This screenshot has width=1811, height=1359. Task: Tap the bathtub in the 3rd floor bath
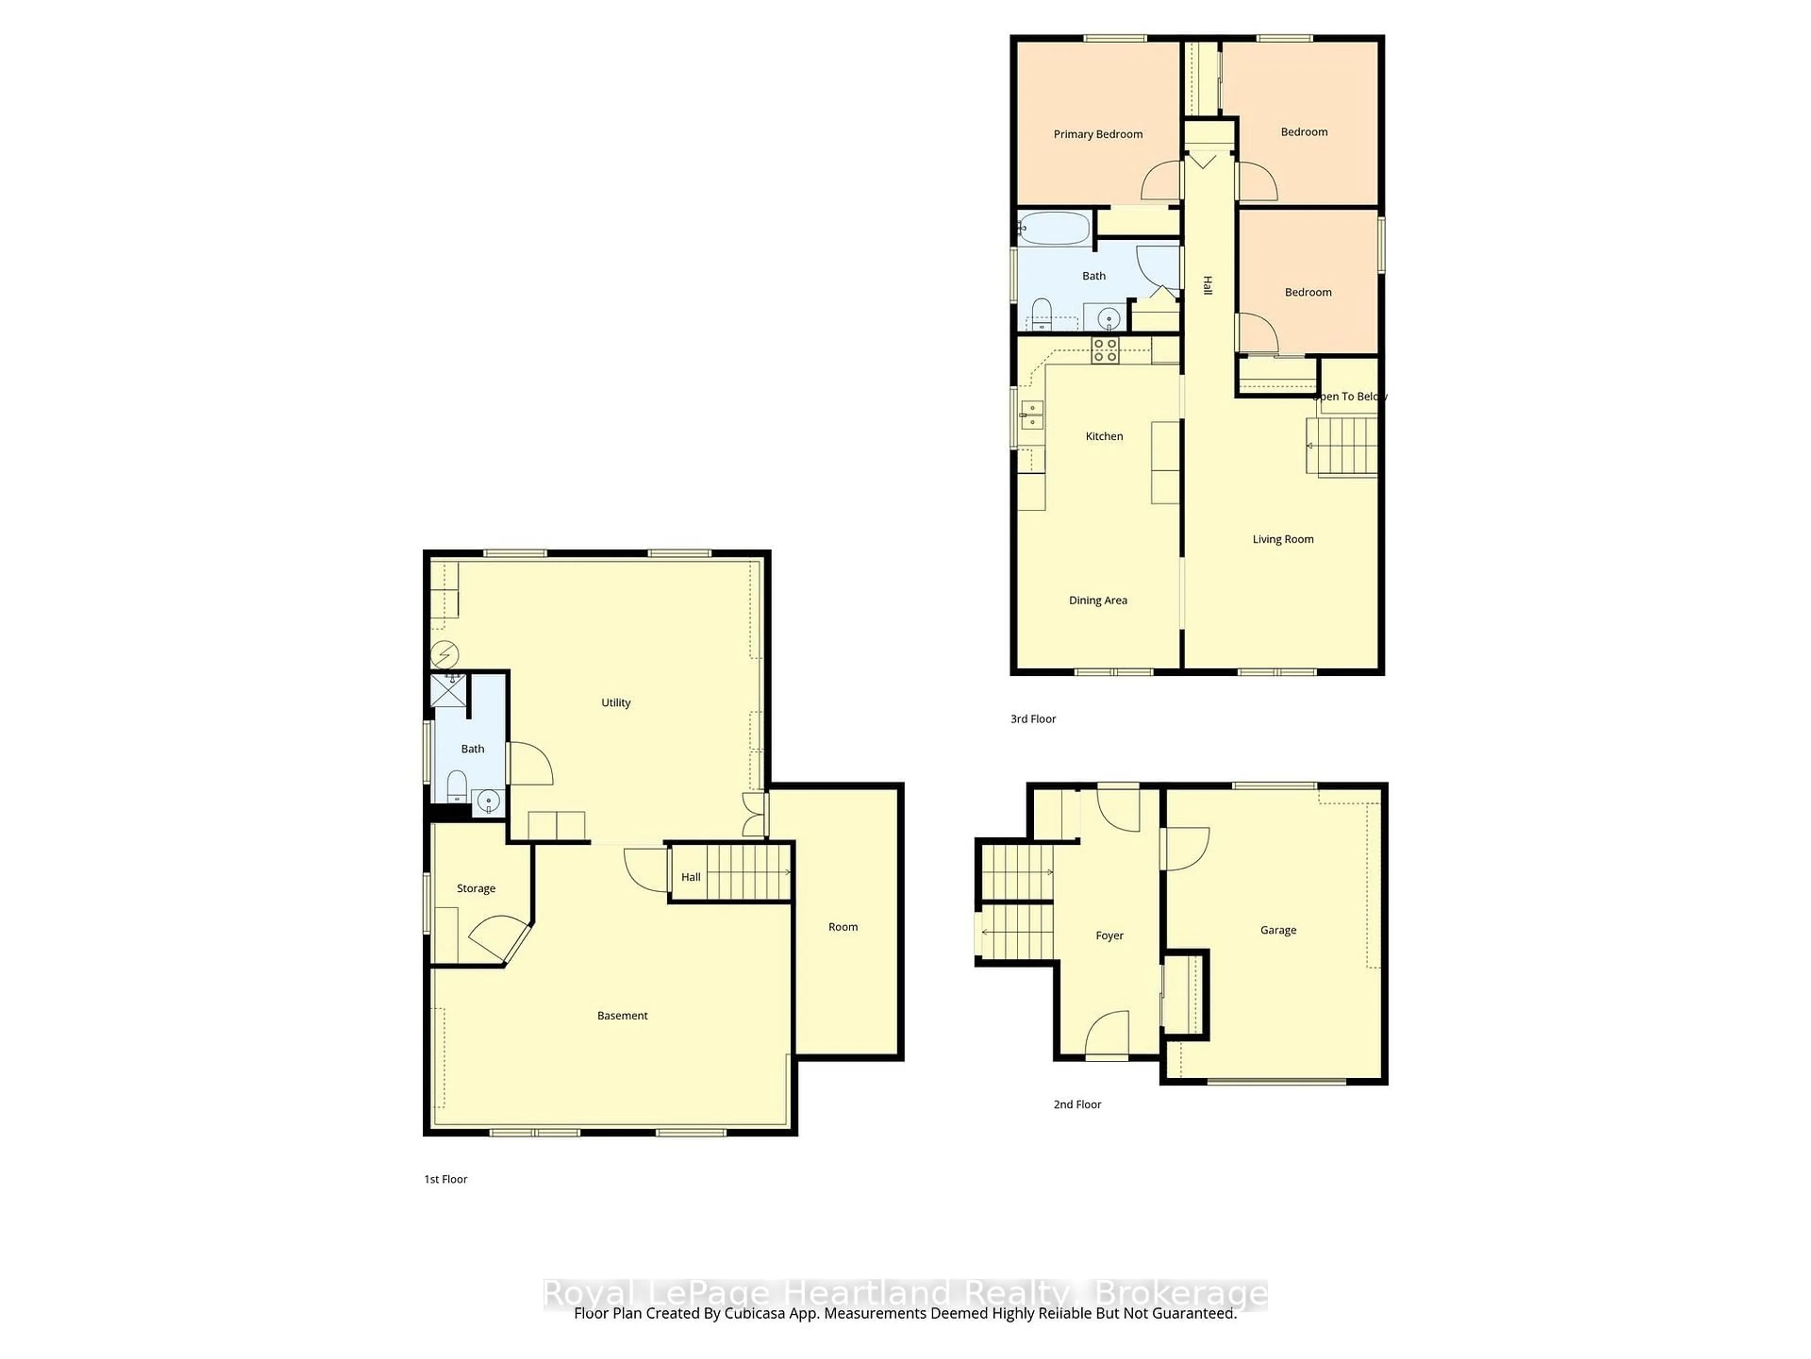1055,228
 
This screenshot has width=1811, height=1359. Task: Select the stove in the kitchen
1105,351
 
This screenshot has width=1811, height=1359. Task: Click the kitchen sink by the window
1031,415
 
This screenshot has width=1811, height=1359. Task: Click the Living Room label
1282,539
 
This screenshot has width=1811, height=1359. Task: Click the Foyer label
1109,935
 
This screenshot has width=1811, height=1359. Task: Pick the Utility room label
615,703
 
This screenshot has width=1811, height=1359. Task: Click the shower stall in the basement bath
449,690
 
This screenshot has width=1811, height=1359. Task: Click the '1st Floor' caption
445,1179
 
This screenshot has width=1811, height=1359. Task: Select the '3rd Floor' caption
1032,719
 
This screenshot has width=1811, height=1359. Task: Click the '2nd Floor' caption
1077,1104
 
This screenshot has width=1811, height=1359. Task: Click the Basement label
622,1016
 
